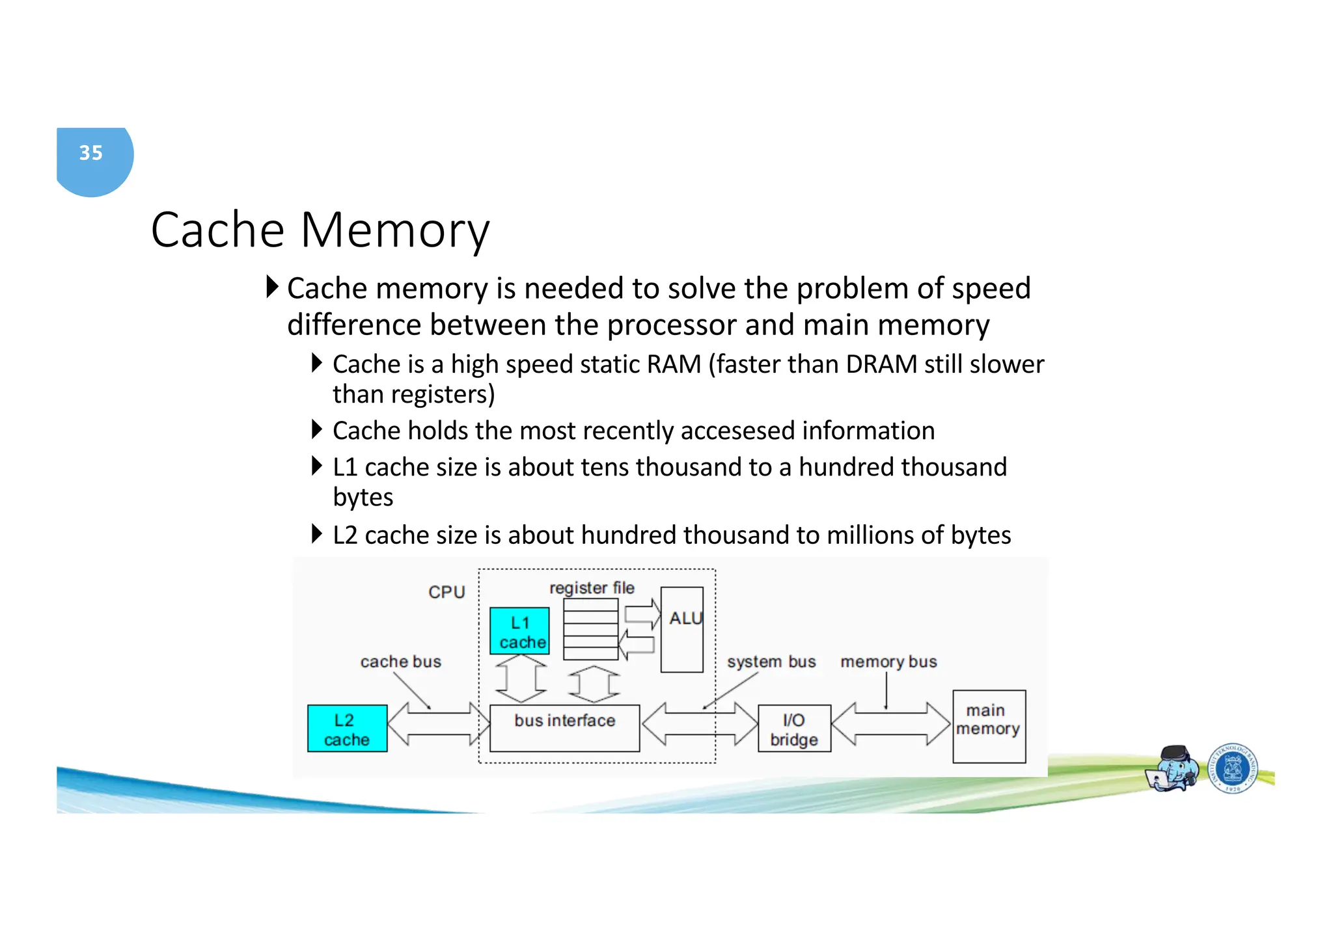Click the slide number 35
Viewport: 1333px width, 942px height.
tap(91, 153)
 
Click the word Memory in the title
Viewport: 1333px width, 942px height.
tap(394, 230)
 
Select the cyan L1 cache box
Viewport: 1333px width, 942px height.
tap(519, 631)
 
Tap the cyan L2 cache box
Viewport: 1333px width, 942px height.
tap(347, 729)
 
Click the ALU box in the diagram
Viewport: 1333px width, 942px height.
tap(682, 629)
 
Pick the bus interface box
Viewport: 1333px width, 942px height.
tap(564, 728)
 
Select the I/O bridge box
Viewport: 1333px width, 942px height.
tap(794, 729)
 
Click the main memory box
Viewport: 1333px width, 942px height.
tap(988, 726)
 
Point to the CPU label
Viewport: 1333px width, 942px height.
tap(447, 592)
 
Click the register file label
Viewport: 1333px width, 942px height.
tap(591, 588)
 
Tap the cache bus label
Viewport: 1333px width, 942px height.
tap(400, 662)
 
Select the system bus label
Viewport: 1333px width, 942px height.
tap(771, 662)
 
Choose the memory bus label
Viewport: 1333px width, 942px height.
tap(888, 662)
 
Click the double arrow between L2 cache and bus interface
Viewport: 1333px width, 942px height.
tap(438, 723)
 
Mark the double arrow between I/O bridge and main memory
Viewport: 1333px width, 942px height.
tap(890, 723)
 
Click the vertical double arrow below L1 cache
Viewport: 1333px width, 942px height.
tap(521, 679)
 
